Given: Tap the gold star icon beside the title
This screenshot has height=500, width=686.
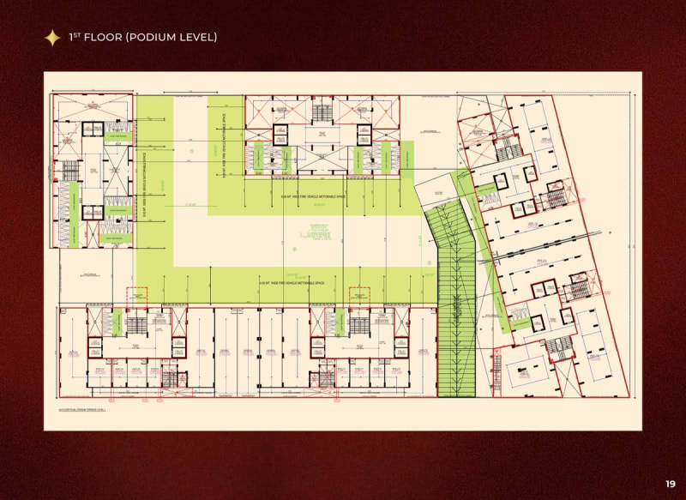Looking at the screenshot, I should pos(52,37).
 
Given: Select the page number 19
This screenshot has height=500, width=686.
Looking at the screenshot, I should pos(670,483).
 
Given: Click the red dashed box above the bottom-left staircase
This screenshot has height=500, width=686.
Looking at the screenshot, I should pos(137,294).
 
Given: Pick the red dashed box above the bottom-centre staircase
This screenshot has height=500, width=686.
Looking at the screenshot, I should pos(358,294).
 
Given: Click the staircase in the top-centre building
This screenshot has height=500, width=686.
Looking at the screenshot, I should pos(322,112).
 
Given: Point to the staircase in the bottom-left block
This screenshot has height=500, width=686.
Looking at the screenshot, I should pos(138,324).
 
